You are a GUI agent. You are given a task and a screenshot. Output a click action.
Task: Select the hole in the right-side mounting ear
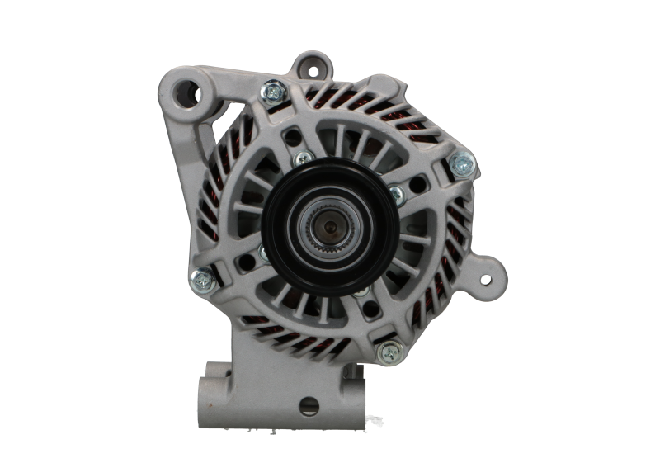click(x=487, y=277)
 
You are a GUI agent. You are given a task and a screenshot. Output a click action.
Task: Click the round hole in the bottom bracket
click(x=309, y=406)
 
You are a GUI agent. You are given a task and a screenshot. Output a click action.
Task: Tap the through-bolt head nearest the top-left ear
click(x=271, y=90)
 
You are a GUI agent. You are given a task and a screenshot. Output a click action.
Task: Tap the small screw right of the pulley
click(x=396, y=195)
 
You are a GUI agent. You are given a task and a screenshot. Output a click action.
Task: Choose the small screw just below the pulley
click(x=361, y=291)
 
